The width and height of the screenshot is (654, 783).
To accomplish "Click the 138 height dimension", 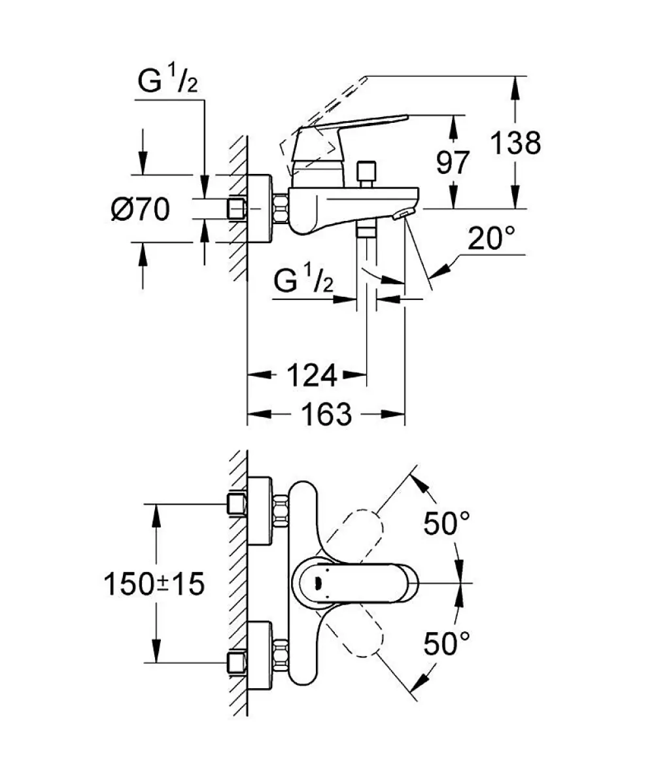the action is tap(515, 143).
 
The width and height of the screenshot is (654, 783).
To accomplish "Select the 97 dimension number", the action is tap(453, 162).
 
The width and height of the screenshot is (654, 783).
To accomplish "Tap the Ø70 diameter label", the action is tap(141, 208).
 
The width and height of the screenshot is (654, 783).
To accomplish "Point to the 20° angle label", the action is tap(491, 238).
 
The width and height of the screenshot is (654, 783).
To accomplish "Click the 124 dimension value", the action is tap(312, 375).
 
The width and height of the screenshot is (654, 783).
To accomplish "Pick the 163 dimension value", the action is tap(327, 414).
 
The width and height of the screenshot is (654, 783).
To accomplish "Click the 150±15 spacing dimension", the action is tap(154, 583).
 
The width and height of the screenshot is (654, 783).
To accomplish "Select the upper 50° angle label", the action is tap(447, 523).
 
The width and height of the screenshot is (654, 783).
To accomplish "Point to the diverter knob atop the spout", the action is tap(367, 173).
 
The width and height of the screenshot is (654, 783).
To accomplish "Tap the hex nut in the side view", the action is tap(281, 208).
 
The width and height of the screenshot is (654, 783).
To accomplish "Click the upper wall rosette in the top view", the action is tap(260, 511).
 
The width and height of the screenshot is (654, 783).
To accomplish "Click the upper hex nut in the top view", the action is tap(281, 511).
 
